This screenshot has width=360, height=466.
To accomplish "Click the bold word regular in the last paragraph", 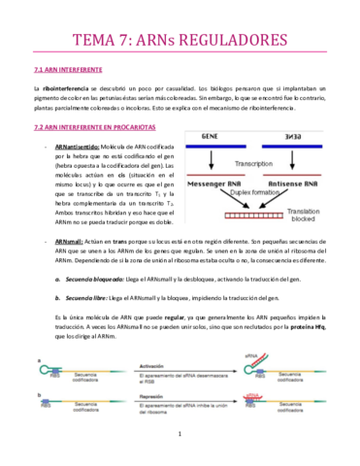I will [178, 318].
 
